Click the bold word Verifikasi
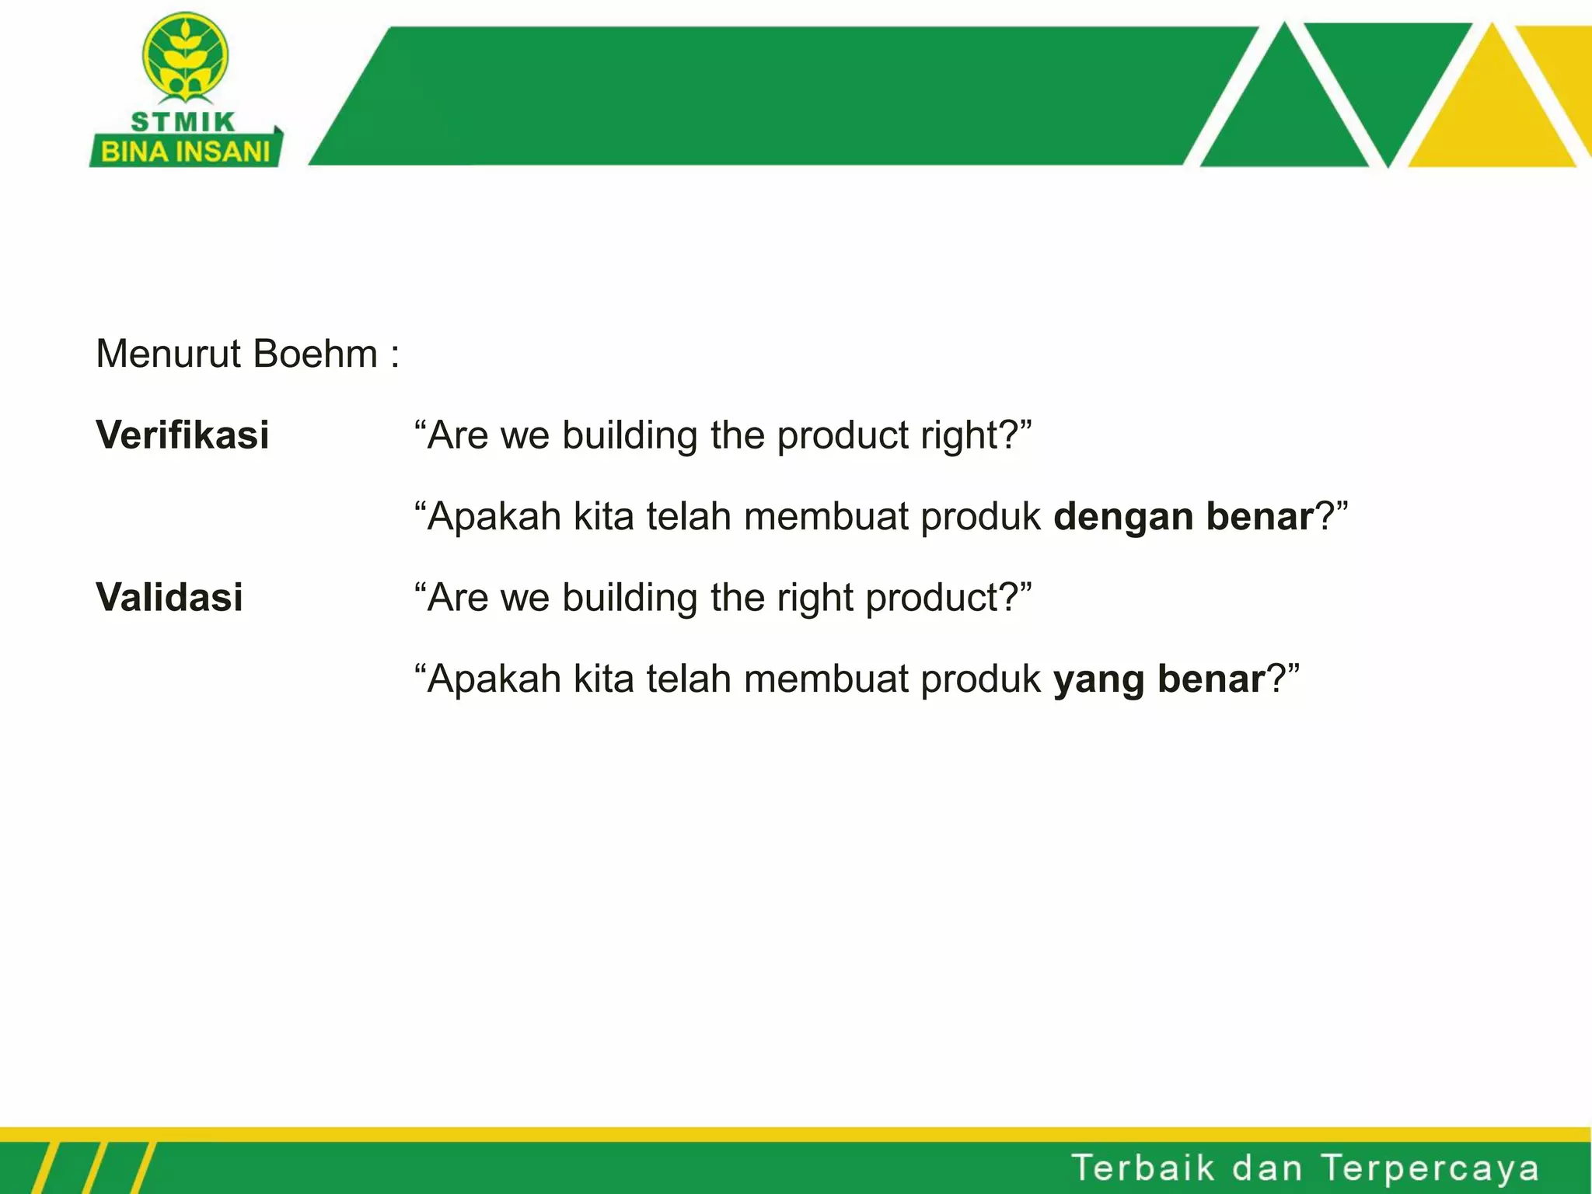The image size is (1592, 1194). click(x=182, y=435)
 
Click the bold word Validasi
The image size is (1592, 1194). click(x=169, y=598)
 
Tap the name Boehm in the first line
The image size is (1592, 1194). click(x=316, y=354)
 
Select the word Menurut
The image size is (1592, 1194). click(x=169, y=354)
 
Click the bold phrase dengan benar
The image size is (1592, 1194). click(x=1183, y=516)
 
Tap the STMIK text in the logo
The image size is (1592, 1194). click(x=183, y=122)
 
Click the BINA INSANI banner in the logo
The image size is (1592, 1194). click(x=185, y=152)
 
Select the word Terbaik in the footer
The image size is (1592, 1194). click(x=1143, y=1168)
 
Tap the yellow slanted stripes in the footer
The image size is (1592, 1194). click(x=93, y=1168)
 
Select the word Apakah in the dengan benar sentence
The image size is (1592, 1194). click(x=494, y=516)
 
